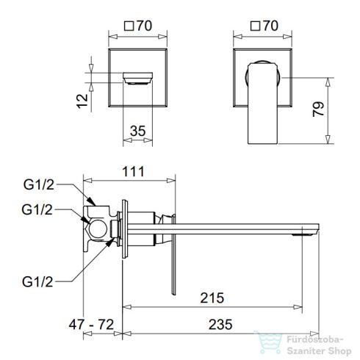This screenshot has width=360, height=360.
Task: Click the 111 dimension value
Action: point(133,171)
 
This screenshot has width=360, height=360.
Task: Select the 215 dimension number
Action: point(212,298)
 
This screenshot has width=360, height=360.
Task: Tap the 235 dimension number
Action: point(220,325)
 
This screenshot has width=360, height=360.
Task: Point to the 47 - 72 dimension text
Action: point(91,325)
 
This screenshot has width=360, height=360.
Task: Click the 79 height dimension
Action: point(318,109)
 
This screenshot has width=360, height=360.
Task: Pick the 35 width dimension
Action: point(138,131)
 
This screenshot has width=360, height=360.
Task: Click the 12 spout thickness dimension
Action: point(82,101)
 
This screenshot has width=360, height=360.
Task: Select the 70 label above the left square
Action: point(145,26)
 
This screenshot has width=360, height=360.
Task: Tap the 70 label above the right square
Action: point(270,26)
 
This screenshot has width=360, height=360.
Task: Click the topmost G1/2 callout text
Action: point(39,184)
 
